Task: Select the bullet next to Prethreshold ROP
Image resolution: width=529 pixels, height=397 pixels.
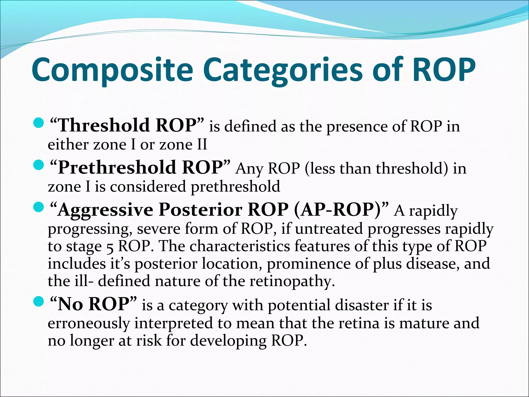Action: click(39, 165)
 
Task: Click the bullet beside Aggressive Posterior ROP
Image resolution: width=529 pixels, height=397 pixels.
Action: click(39, 207)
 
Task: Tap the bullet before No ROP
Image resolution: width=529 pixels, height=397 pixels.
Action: click(39, 301)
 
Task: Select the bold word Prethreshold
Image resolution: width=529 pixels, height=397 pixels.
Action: click(117, 167)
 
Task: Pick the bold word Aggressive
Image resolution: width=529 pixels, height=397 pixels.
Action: click(105, 210)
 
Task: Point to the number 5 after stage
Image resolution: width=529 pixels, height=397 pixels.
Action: click(110, 247)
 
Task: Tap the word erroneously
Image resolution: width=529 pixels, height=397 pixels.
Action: click(89, 323)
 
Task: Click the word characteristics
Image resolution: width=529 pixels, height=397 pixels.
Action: click(240, 246)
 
